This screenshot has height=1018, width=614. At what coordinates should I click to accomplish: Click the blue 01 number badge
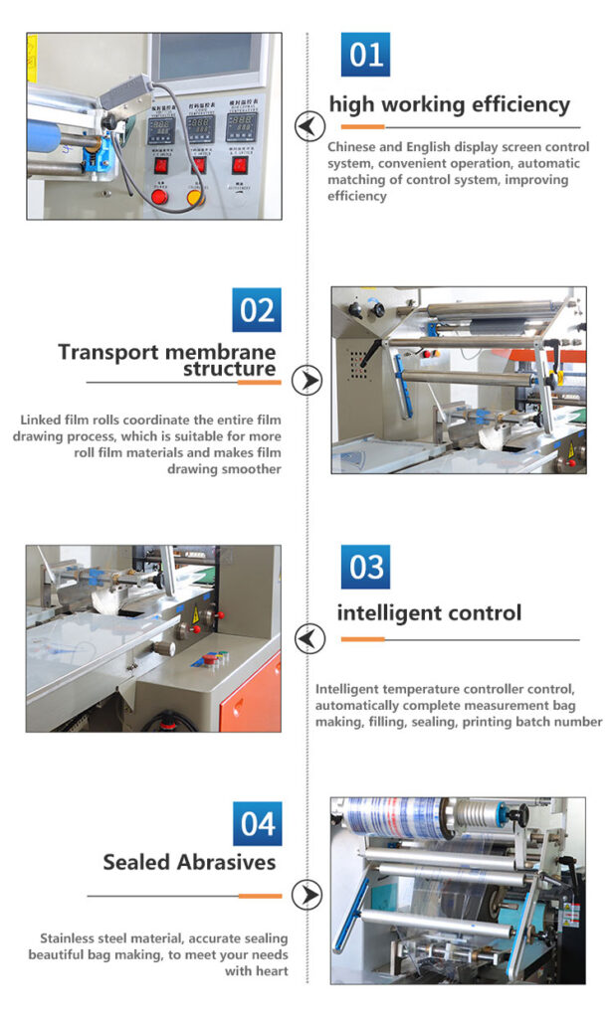[365, 55]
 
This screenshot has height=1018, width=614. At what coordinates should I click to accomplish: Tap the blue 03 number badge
[365, 567]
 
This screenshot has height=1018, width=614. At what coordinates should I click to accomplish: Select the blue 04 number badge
[258, 824]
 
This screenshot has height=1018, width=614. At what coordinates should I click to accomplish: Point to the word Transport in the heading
[107, 352]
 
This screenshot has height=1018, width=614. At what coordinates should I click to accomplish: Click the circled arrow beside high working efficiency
[309, 126]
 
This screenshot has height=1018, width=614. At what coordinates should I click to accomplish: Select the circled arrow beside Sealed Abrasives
[307, 895]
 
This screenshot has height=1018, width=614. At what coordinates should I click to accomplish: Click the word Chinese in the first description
[351, 147]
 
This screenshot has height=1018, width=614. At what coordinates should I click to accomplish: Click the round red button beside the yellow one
[158, 196]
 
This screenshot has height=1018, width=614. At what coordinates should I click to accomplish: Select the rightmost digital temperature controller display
[241, 127]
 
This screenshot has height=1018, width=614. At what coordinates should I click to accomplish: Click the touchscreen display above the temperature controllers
[206, 56]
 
